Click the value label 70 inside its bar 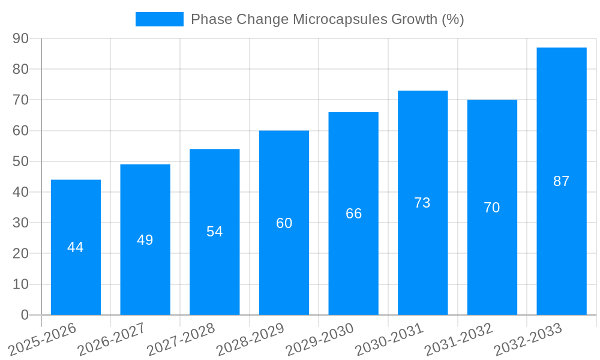point(491,208)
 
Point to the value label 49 point(145,240)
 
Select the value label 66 point(353,214)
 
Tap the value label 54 point(214,232)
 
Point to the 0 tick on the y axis point(25,315)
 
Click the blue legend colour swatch point(159,19)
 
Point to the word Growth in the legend point(414,19)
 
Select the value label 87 point(561,181)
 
